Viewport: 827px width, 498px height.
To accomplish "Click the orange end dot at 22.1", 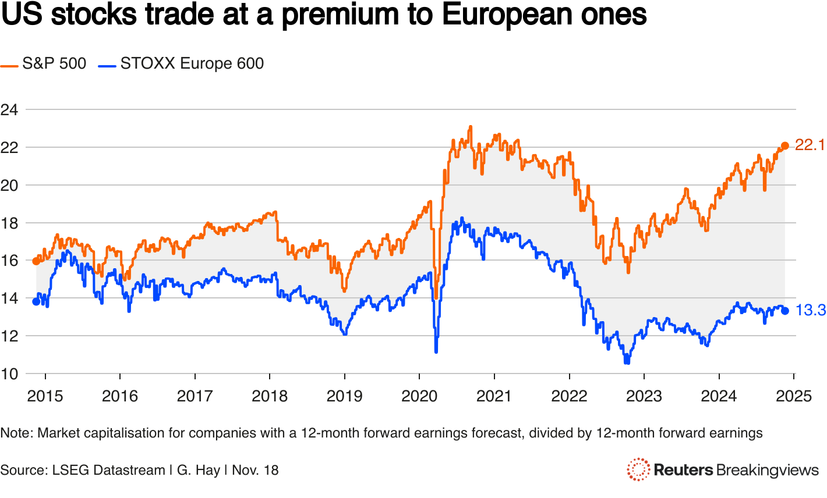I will pyautogui.click(x=784, y=145).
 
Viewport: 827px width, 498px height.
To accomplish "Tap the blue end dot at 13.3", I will pyautogui.click(x=784, y=311).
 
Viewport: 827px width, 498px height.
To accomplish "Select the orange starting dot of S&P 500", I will pyautogui.click(x=36, y=261).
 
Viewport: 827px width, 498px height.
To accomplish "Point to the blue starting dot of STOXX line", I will pyautogui.click(x=36, y=301).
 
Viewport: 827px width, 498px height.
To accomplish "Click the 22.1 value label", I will pyautogui.click(x=810, y=145).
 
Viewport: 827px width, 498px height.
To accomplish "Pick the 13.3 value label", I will pyautogui.click(x=811, y=311).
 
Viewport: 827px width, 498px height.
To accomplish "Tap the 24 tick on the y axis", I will pyautogui.click(x=9, y=109).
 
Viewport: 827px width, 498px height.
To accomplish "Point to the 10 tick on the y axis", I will pyautogui.click(x=9, y=373).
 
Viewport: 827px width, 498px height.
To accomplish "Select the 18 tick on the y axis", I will pyautogui.click(x=9, y=223).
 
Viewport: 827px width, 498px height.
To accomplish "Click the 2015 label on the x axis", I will pyautogui.click(x=45, y=396).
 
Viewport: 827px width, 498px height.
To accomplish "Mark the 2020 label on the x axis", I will pyautogui.click(x=419, y=396).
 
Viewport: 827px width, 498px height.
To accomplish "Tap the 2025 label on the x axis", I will pyautogui.click(x=794, y=396).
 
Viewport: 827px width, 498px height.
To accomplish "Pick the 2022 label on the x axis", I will pyautogui.click(x=569, y=396).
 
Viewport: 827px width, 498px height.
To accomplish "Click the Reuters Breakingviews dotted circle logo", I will pyautogui.click(x=638, y=469).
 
